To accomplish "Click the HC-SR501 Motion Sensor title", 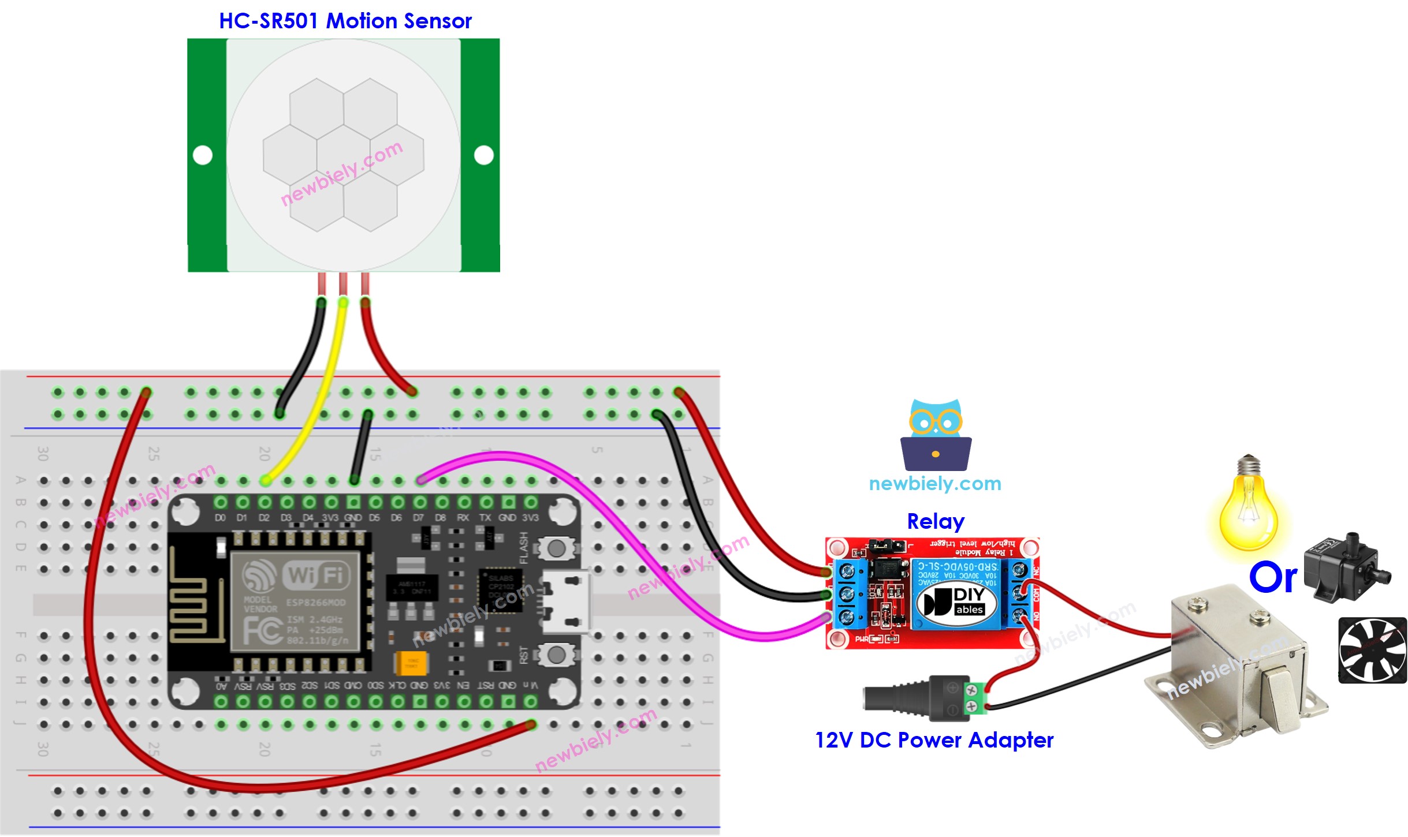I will (x=345, y=21).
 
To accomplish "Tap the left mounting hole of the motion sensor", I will (x=203, y=155).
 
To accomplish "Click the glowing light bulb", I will (x=1247, y=508).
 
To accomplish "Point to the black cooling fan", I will (x=1372, y=651).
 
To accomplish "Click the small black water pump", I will (x=1346, y=569).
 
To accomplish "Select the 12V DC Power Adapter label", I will (x=934, y=740).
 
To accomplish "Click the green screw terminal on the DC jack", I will (x=975, y=697).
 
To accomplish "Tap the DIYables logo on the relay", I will (x=957, y=602).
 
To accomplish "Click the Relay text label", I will (x=935, y=521).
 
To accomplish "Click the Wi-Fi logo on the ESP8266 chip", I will (x=316, y=574).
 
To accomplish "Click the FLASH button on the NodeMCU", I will (x=556, y=548).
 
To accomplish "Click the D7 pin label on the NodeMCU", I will (x=418, y=518).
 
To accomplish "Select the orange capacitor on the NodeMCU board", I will (x=411, y=663).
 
